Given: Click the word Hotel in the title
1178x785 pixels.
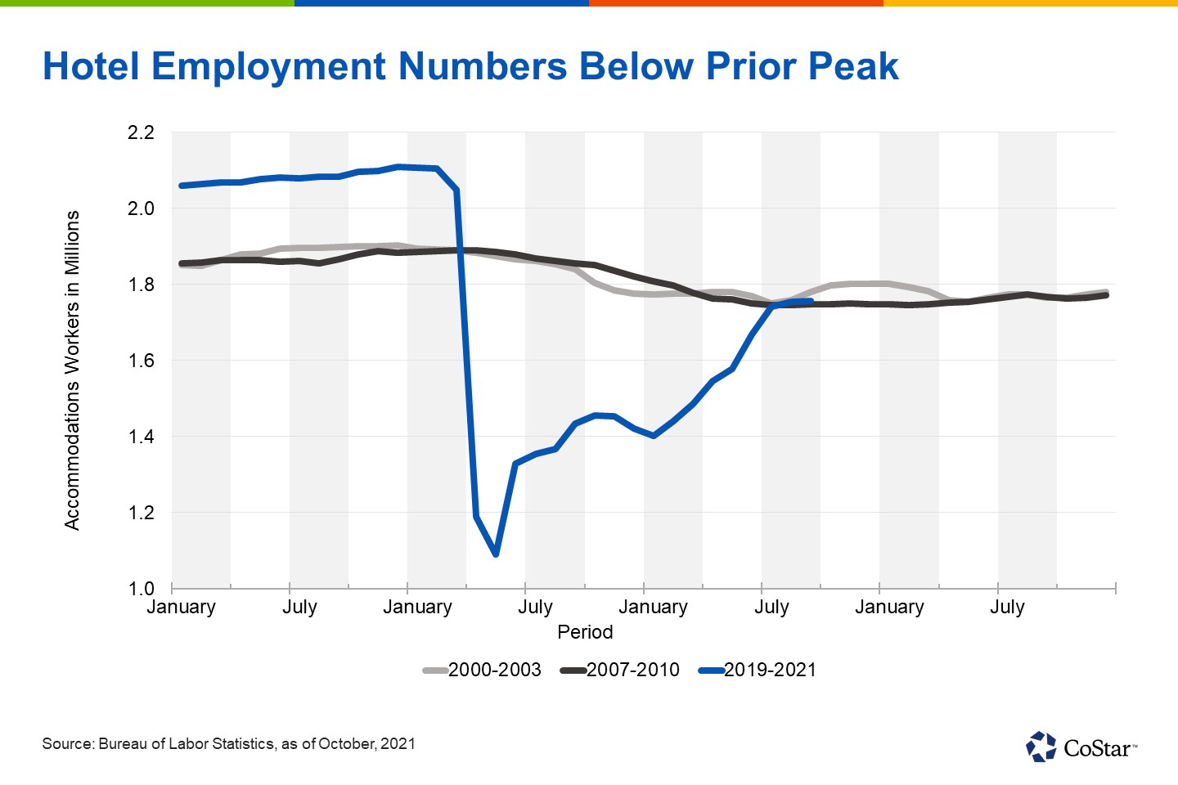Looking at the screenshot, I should pyautogui.click(x=92, y=66).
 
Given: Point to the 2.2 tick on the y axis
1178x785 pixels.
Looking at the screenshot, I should pyautogui.click(x=141, y=132).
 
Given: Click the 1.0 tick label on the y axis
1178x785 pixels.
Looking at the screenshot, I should pyautogui.click(x=141, y=589).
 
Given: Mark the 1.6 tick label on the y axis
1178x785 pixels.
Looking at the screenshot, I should pyautogui.click(x=141, y=361).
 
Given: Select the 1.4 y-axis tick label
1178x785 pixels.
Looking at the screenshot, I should pyautogui.click(x=141, y=437).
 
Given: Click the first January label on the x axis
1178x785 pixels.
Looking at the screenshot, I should pyautogui.click(x=181, y=608).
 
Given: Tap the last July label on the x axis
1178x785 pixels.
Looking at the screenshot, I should pyautogui.click(x=1007, y=608).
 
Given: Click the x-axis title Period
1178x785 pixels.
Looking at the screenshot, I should pyautogui.click(x=585, y=632).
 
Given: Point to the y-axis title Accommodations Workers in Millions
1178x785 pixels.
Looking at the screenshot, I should pyautogui.click(x=72, y=370).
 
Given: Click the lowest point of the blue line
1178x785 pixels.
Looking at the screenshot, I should pyautogui.click(x=496, y=554).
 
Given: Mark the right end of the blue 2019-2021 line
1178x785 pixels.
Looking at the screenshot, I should pyautogui.click(x=811, y=302).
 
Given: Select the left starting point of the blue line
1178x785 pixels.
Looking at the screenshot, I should pyautogui.click(x=181, y=186).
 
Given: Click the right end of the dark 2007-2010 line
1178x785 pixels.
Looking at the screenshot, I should pyautogui.click(x=1107, y=295).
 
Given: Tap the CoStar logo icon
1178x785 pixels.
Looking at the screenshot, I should pyautogui.click(x=1041, y=747).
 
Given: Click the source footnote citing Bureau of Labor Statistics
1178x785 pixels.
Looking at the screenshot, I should pyautogui.click(x=229, y=744).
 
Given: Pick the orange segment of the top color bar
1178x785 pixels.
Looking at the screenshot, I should pyautogui.click(x=736, y=3).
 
